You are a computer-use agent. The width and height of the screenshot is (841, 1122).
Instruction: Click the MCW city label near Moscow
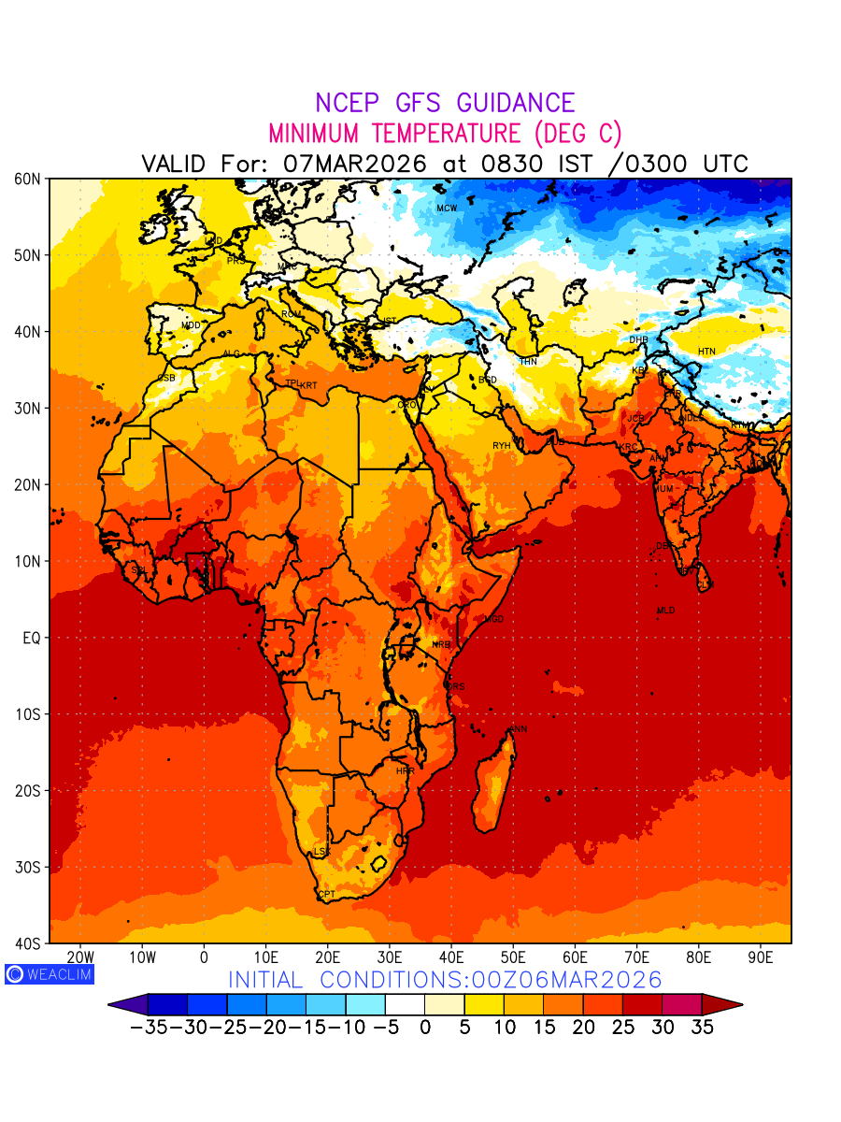click(x=447, y=208)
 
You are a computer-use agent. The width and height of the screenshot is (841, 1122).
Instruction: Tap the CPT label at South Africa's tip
click(x=326, y=895)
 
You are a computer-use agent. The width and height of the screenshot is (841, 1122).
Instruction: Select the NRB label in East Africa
click(x=440, y=644)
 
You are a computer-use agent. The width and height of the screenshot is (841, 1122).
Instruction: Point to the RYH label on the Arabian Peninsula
click(x=502, y=446)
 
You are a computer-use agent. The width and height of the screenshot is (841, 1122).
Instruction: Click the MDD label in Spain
click(x=191, y=325)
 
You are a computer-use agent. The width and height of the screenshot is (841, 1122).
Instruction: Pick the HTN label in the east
click(x=706, y=352)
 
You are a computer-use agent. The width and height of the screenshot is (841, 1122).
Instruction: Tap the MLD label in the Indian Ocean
click(x=665, y=611)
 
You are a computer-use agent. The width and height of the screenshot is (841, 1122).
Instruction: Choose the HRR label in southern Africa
click(x=405, y=771)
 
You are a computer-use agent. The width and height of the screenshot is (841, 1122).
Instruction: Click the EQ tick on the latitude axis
click(x=32, y=638)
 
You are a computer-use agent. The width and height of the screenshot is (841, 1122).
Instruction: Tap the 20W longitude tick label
click(x=80, y=957)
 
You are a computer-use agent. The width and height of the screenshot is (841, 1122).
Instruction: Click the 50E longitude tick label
click(x=513, y=957)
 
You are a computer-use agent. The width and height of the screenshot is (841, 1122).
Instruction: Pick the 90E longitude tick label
click(x=761, y=957)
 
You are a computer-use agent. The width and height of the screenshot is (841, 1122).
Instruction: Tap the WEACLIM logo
click(x=50, y=974)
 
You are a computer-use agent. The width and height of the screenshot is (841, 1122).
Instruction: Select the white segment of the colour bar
click(x=405, y=1004)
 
